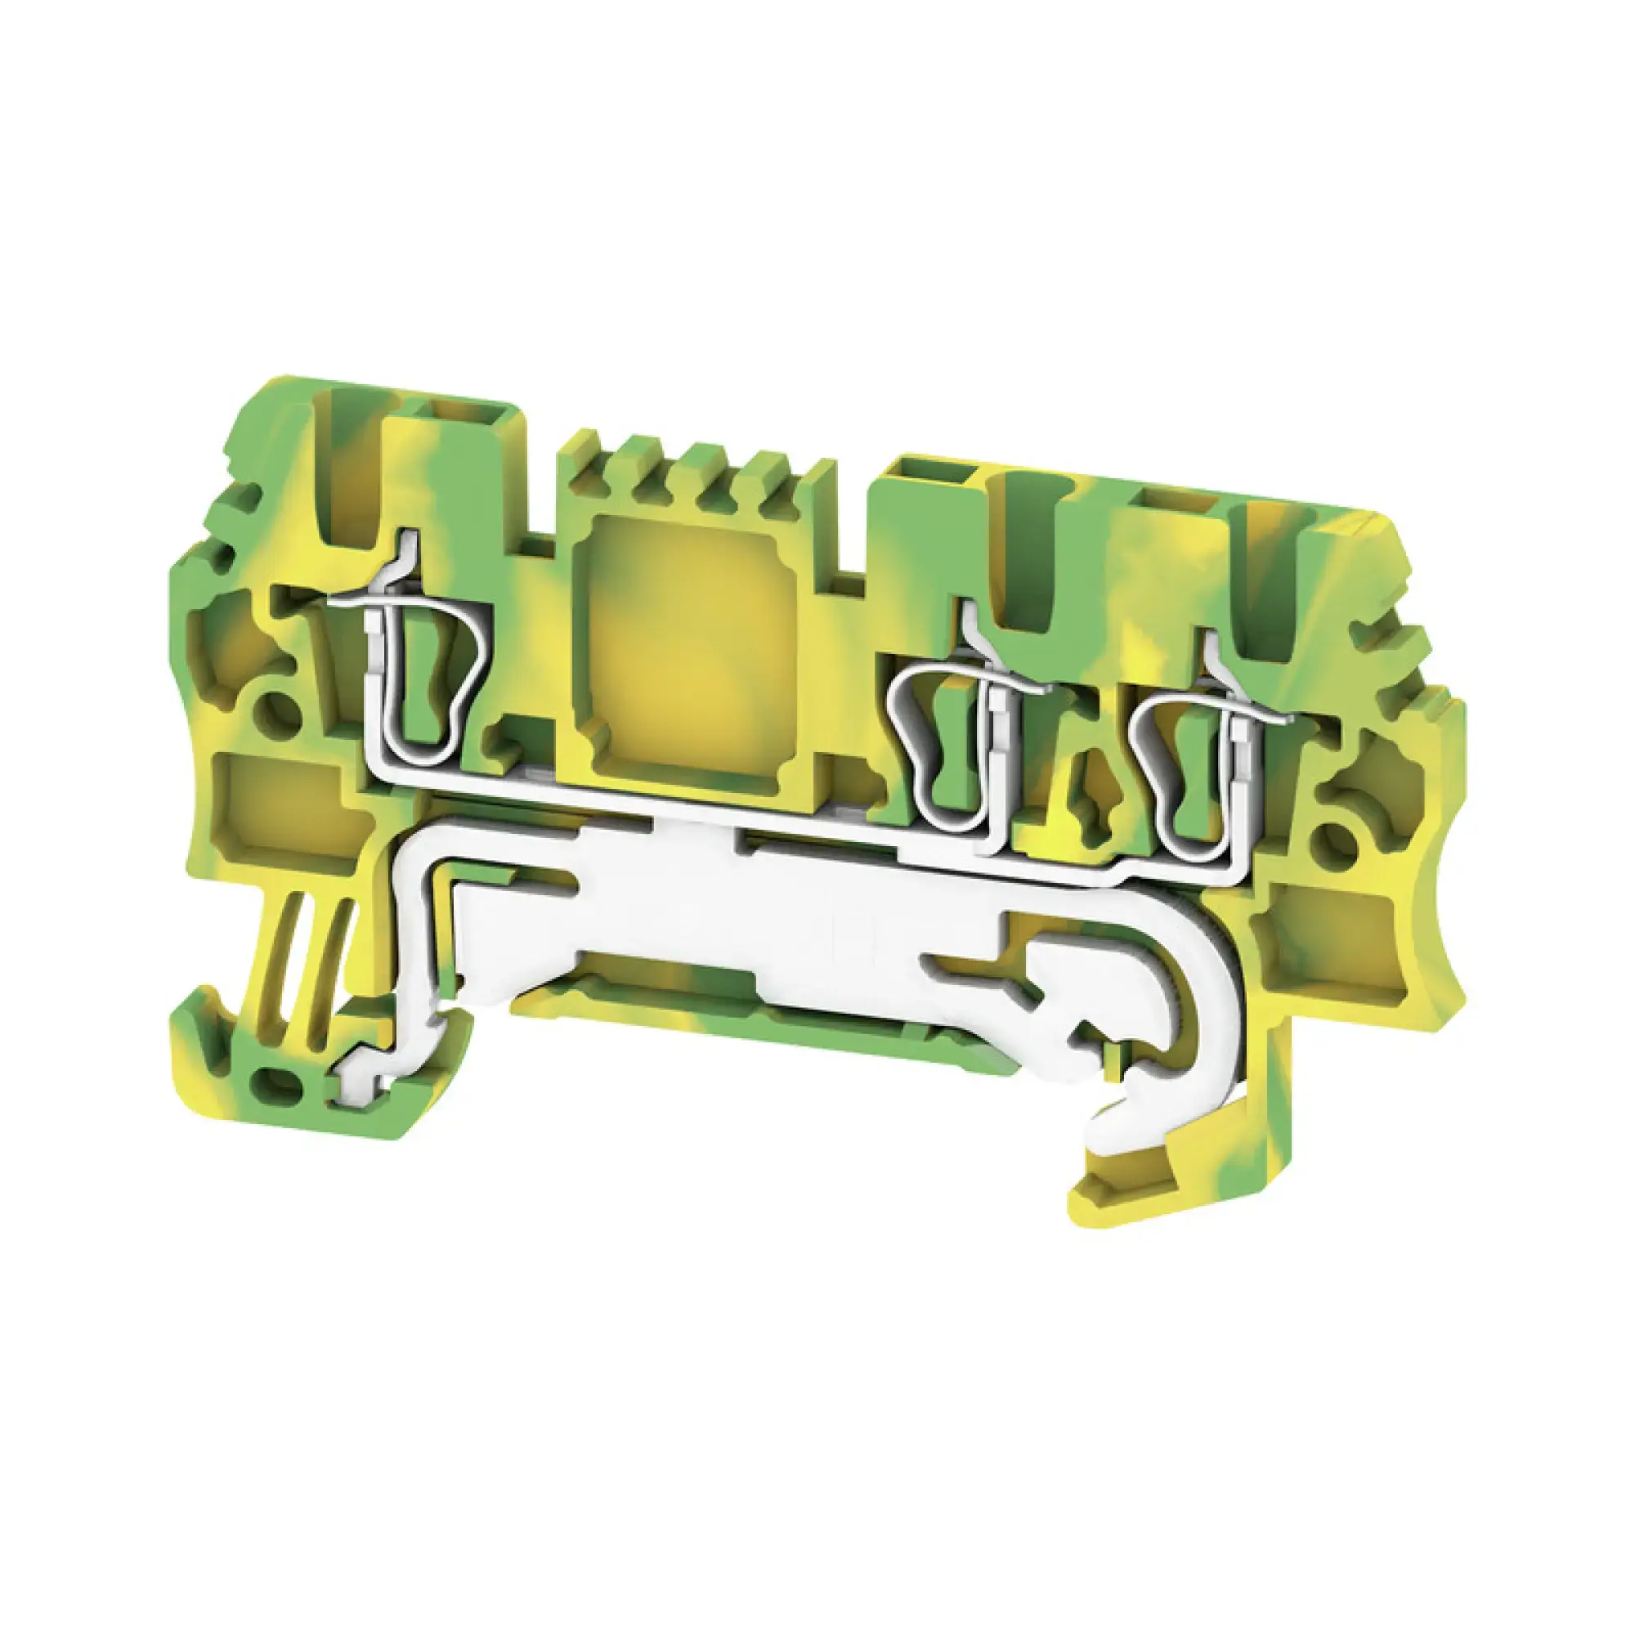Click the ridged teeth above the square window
694,474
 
